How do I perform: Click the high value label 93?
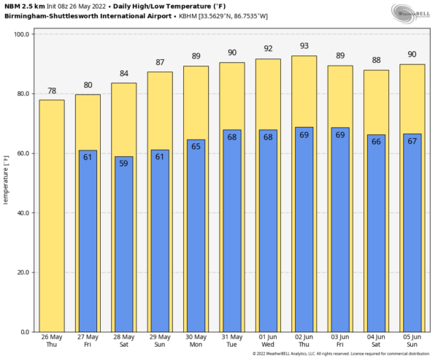point(304,47)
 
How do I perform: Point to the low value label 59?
point(124,164)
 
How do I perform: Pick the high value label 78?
point(52,91)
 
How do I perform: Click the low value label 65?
point(196,146)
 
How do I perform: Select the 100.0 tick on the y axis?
point(22,34)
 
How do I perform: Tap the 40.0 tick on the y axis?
point(23,213)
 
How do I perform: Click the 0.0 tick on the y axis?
point(25,332)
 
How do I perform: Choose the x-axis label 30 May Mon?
point(196,342)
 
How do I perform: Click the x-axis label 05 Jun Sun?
point(412,342)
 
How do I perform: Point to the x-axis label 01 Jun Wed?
point(268,342)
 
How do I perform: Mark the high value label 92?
point(268,50)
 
